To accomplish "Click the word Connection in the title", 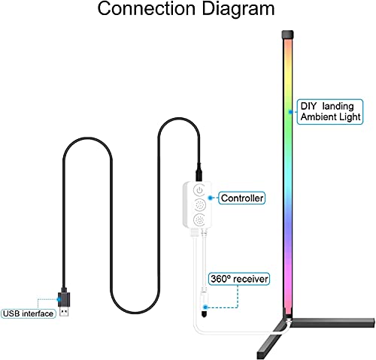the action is click(146, 8).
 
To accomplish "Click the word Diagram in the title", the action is click(238, 10).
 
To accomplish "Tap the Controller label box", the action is click(242, 198).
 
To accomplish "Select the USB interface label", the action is click(28, 313).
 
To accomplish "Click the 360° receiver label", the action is click(239, 279).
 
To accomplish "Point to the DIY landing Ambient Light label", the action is click(330, 112).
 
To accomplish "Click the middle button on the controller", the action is click(200, 205).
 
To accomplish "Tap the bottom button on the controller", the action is click(200, 220).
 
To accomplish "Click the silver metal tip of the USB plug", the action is click(65, 311).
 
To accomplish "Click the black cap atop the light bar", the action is click(287, 35).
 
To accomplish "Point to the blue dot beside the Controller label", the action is click(211, 198).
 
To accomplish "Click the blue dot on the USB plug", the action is click(59, 299).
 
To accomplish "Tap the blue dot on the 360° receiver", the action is click(205, 307).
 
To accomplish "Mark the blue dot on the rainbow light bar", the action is click(290, 112).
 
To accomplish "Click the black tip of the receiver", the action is click(205, 314).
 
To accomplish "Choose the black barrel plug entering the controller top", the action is click(199, 173).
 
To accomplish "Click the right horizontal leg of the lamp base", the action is click(332, 322).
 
